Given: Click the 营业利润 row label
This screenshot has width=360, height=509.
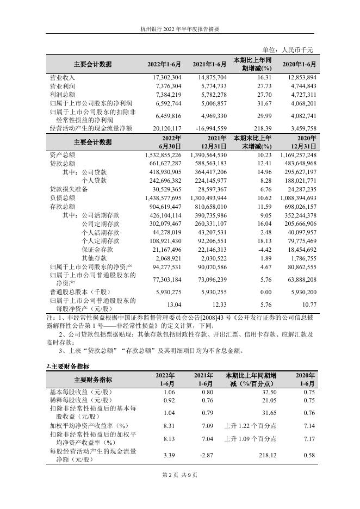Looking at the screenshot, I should (x=61, y=86).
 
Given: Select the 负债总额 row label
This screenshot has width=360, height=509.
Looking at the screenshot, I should (x=61, y=198).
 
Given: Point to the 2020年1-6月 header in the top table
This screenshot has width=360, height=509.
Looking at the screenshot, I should (x=299, y=64).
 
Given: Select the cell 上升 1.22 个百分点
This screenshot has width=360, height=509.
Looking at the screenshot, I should (x=251, y=426).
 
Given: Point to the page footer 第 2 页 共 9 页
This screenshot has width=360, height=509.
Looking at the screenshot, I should (x=179, y=475).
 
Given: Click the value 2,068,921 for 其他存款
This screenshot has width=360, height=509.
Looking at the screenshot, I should (x=169, y=258).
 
